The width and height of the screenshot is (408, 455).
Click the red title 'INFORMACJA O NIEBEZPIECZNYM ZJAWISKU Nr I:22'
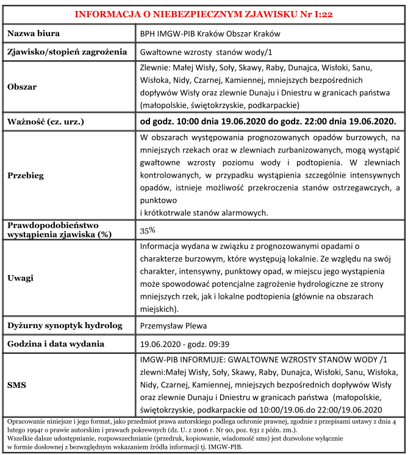pyautogui.click(x=204, y=13)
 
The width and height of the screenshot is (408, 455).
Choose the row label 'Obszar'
pyautogui.click(x=23, y=87)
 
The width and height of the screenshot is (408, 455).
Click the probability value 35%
pyautogui.click(x=148, y=231)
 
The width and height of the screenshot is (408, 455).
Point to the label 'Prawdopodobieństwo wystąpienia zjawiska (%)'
pyautogui.click(x=63, y=230)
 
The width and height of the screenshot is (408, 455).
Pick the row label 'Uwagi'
pyautogui.click(x=20, y=278)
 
